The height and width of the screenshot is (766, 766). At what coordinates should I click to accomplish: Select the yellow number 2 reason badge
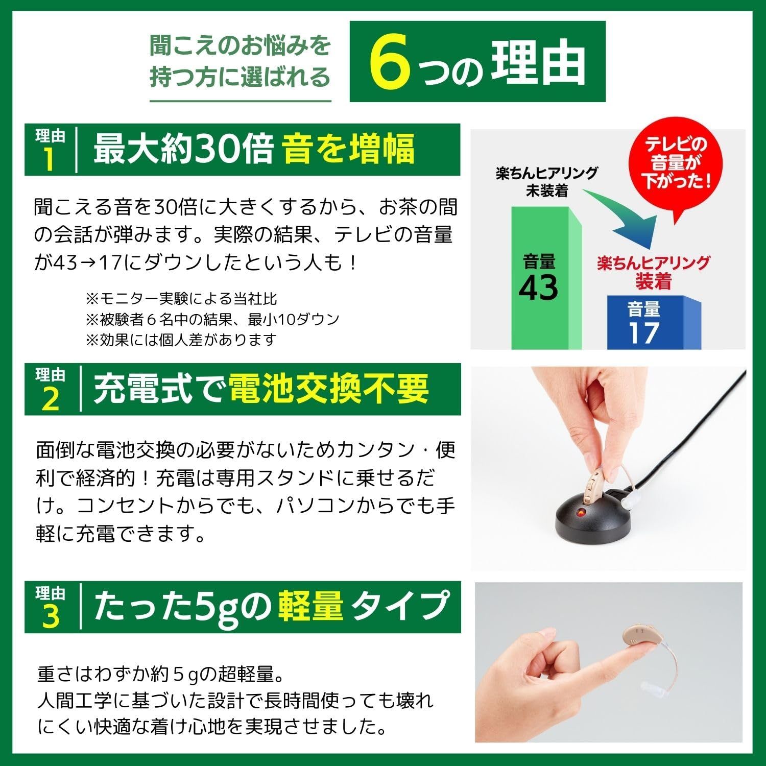tap(50, 399)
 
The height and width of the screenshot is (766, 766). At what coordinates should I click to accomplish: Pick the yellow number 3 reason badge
tap(50, 616)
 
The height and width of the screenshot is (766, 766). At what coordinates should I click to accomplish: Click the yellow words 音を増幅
tap(349, 149)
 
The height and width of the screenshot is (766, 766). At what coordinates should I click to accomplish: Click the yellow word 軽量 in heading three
tap(310, 606)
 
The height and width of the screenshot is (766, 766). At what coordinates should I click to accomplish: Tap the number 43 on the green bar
tap(539, 287)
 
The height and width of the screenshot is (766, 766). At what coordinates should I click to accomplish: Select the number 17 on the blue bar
tap(643, 332)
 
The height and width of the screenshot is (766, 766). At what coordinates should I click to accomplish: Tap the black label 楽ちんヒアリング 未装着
tap(547, 181)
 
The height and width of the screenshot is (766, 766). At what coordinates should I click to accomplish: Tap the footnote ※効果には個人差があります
tap(181, 340)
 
